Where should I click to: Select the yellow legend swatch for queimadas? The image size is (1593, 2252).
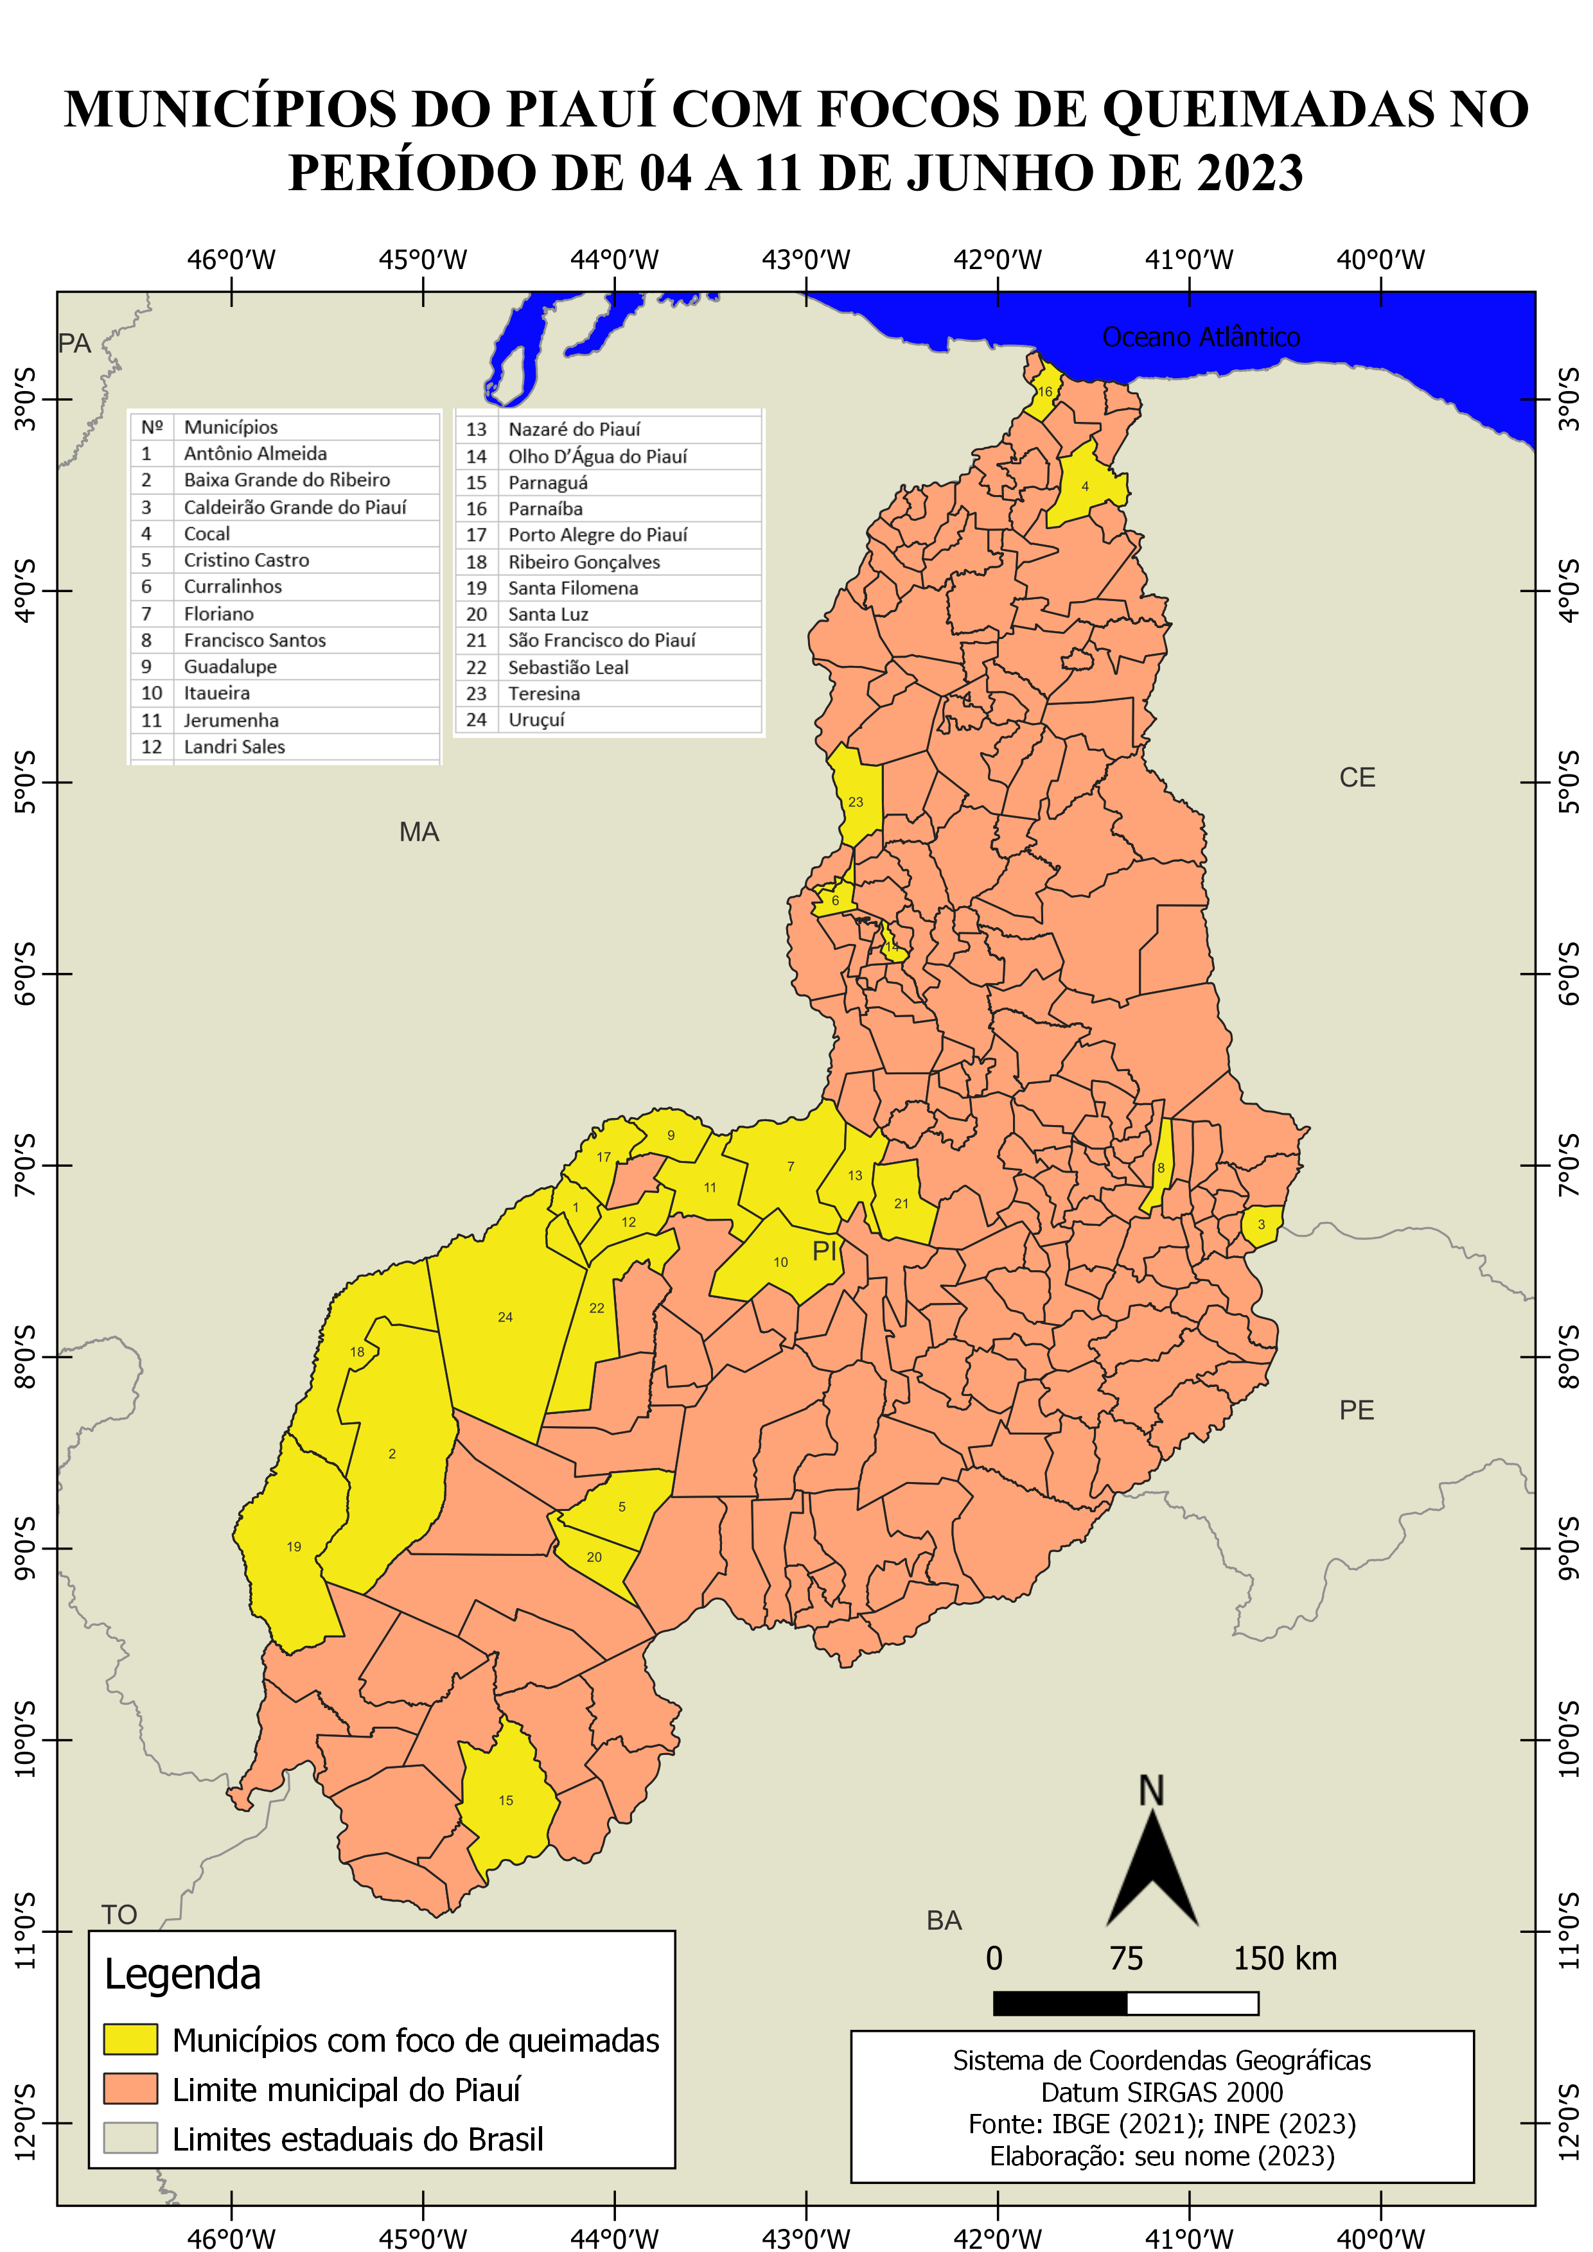click(130, 2039)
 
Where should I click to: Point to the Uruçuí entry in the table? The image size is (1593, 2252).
click(536, 720)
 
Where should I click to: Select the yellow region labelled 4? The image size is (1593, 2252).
click(1085, 487)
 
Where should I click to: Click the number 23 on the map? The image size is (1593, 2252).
click(856, 801)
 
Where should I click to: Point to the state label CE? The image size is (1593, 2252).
click(1357, 778)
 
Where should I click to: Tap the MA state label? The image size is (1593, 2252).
click(419, 833)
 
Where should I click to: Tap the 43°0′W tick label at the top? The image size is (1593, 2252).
click(805, 260)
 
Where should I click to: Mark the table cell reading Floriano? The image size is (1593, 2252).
click(219, 614)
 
